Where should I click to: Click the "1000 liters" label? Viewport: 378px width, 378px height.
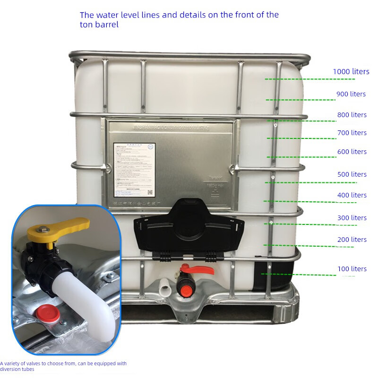click(351, 71)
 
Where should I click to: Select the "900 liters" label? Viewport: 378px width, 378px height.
click(351, 94)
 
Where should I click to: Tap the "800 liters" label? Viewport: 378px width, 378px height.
click(352, 115)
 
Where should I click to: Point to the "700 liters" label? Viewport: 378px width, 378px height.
click(352, 133)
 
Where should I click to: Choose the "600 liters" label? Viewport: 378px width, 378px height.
click(352, 152)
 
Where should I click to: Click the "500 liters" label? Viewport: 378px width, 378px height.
click(352, 174)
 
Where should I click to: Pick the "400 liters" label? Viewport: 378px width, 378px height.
click(352, 195)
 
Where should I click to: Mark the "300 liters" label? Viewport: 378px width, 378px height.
click(352, 218)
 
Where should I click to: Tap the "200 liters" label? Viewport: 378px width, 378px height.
click(352, 240)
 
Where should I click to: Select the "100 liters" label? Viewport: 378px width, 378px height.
click(352, 269)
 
